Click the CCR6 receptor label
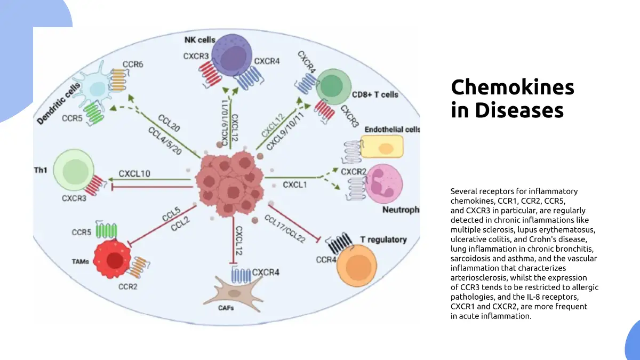click(133, 65)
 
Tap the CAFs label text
click(226, 308)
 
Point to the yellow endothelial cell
click(382, 147)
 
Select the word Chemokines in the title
click(513, 87)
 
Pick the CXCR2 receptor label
click(353, 172)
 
